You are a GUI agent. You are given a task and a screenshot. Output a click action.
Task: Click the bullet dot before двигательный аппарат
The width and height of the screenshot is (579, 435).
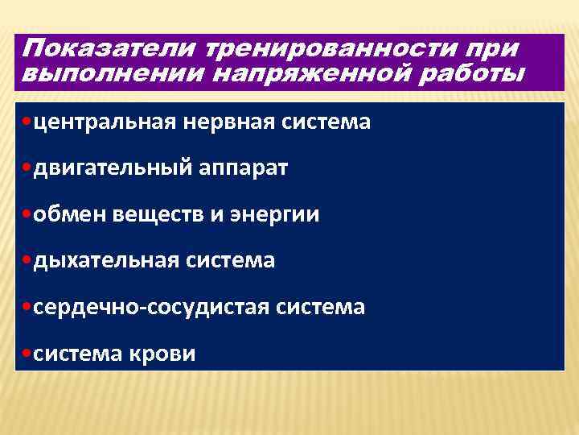point(29,168)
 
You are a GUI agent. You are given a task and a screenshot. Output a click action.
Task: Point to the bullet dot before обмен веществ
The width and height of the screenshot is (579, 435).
point(29,214)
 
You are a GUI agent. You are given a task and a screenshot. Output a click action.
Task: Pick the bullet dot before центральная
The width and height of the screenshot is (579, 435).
point(29,122)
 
